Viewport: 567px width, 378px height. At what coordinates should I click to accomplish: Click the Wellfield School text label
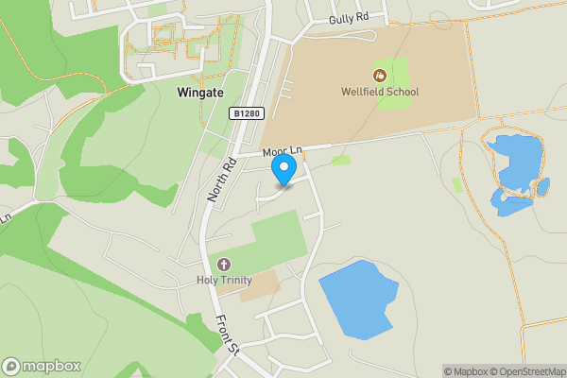pos(381,92)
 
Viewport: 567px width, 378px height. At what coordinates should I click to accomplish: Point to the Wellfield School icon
pos(380,75)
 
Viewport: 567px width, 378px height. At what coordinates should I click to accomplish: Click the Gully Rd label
pos(347,19)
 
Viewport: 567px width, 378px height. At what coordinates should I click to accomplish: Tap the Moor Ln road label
pos(281,151)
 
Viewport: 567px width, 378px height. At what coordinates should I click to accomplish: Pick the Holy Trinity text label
pos(223,280)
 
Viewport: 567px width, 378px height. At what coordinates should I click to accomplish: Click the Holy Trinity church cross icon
pos(224,264)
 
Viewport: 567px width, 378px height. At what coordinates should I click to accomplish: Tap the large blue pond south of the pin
pos(357,300)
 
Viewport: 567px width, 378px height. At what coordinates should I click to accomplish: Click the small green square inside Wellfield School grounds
pos(394,83)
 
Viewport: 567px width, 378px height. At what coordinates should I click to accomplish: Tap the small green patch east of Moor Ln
pos(341,160)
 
